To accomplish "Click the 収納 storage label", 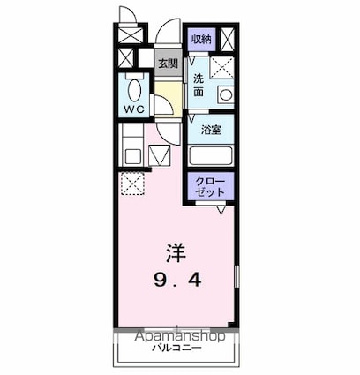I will tap(200, 39).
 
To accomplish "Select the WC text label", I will tap(134, 110).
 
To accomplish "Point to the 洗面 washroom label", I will tap(199, 85).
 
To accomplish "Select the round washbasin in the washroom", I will tap(224, 94).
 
